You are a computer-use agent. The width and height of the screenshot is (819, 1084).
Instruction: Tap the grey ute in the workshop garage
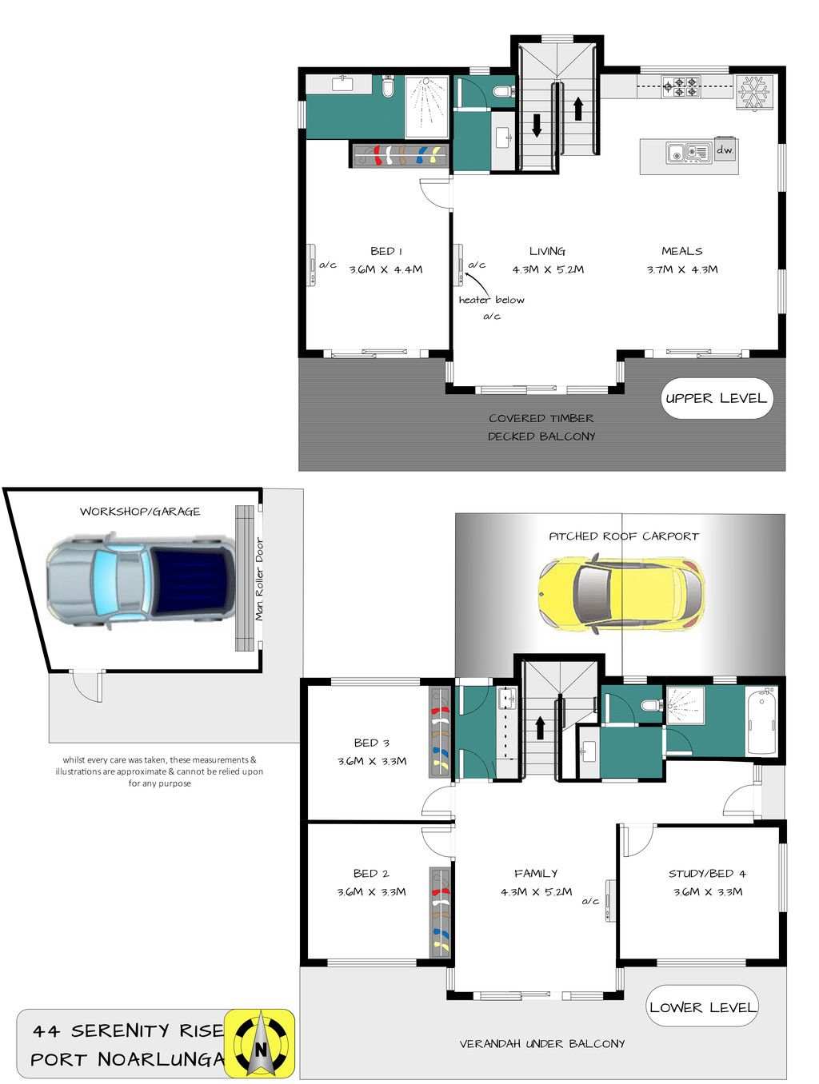coord(141,581)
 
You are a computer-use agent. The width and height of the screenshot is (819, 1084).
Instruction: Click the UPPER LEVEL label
coord(716,399)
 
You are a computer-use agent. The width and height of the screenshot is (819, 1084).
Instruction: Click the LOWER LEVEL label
coord(702,1007)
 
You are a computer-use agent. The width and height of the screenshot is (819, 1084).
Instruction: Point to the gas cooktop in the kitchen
coord(681,87)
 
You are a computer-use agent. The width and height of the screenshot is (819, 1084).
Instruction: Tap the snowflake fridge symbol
coord(753,91)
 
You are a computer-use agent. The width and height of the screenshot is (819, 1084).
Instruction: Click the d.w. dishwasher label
coord(725,150)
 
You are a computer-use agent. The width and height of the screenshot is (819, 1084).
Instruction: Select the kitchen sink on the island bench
coord(689,153)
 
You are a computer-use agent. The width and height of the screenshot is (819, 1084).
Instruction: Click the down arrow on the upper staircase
coord(537,126)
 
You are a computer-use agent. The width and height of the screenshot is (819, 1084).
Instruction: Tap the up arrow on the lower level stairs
coord(540,728)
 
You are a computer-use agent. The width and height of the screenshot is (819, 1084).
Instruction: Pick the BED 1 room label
coord(386,251)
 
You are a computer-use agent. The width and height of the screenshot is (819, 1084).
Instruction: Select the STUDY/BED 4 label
coord(707,874)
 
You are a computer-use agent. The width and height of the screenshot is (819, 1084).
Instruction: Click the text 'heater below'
coord(491,299)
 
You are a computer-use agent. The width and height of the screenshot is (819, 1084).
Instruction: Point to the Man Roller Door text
coord(259,579)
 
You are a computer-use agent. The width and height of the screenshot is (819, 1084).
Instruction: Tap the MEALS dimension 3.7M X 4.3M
coord(681,269)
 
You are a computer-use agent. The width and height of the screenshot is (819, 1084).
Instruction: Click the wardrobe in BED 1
coord(400,155)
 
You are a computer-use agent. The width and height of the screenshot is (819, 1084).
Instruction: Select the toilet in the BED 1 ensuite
coord(388,86)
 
